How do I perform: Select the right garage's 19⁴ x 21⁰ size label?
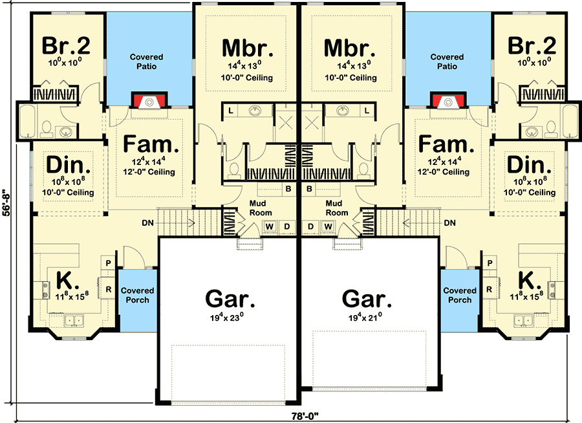click(366, 318)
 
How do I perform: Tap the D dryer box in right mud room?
click(311, 226)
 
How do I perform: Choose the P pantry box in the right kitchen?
click(490, 263)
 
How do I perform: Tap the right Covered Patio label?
click(447, 61)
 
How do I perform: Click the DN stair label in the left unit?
click(148, 223)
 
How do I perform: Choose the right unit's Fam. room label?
click(447, 143)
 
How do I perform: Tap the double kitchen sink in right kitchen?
click(523, 319)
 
